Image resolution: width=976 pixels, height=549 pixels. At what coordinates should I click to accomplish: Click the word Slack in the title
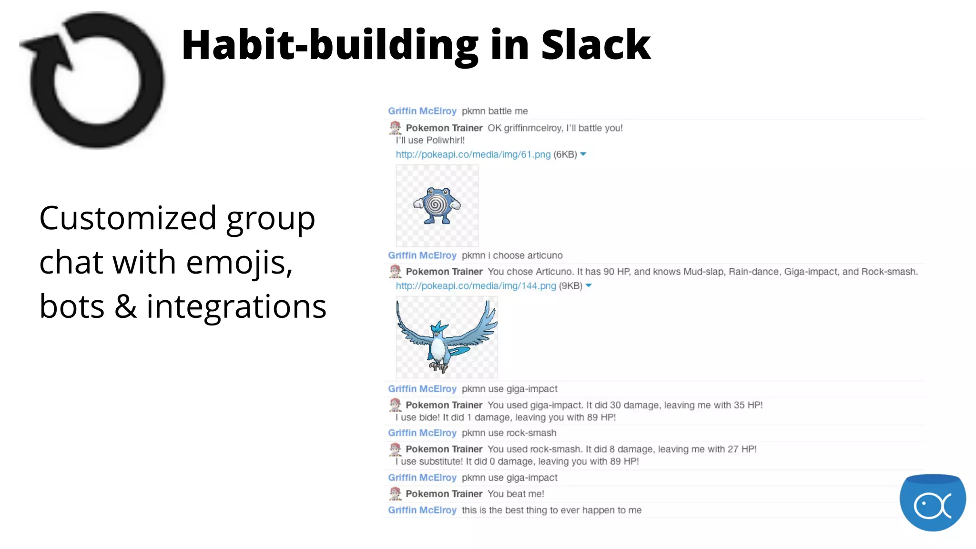coord(595,45)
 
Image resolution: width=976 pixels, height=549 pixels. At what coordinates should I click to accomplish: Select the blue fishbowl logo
coord(932,502)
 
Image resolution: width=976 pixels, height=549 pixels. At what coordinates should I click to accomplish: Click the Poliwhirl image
coord(437,205)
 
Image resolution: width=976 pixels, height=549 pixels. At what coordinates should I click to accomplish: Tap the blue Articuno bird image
coord(447,337)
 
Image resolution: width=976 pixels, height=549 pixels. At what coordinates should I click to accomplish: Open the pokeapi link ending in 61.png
coord(473,154)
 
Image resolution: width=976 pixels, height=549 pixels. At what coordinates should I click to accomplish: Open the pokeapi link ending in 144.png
coord(476,286)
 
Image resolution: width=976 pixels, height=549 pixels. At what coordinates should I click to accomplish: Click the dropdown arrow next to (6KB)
coord(583,154)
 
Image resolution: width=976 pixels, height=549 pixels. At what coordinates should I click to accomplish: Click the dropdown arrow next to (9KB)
coord(589,285)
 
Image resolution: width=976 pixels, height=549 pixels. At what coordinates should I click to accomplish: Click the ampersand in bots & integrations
coord(125,306)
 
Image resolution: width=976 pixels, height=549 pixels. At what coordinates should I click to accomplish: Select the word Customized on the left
coord(128,218)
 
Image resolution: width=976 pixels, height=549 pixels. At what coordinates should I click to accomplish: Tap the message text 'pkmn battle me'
coord(494,111)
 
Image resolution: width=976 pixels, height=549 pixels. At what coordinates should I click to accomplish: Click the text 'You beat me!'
coord(516,494)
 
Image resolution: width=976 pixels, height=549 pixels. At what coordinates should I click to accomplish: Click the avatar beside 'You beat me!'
coord(395,494)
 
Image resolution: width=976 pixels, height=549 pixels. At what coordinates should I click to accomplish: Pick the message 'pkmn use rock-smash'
coord(508,433)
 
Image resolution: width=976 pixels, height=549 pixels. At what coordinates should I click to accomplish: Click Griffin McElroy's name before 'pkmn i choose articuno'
coord(422,255)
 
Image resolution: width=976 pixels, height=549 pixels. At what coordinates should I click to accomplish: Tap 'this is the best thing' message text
coord(551,510)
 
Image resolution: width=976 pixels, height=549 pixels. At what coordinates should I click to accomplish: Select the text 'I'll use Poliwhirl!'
coord(430,140)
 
